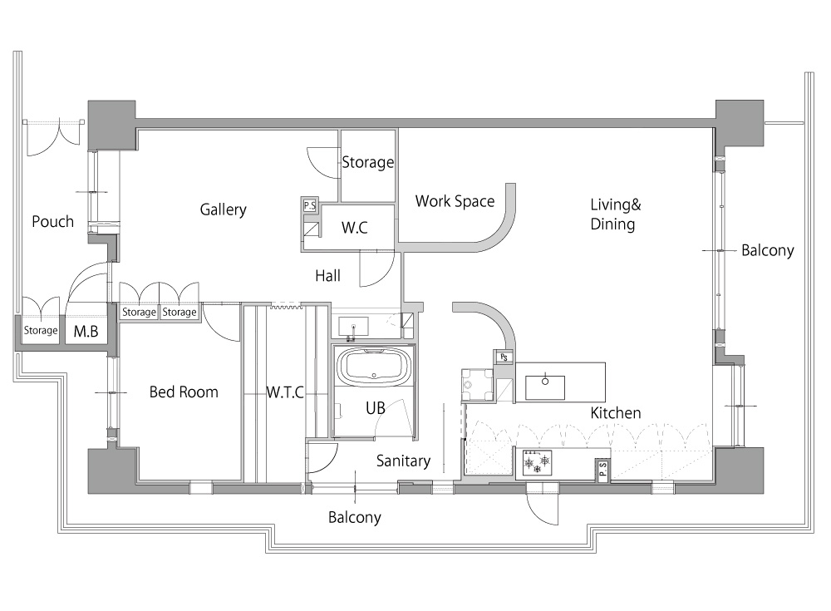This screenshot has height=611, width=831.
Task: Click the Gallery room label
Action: (223, 209)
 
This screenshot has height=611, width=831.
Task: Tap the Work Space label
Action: (455, 201)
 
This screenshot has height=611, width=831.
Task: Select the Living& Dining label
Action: (615, 214)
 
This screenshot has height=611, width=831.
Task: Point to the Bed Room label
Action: (184, 392)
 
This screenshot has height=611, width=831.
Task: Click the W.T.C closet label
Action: (285, 392)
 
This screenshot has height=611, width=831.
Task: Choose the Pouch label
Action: (52, 222)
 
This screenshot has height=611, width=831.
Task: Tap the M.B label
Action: (86, 332)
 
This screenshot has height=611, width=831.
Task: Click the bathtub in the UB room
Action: (375, 367)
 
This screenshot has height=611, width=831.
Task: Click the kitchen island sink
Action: (545, 387)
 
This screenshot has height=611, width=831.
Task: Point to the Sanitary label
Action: (403, 461)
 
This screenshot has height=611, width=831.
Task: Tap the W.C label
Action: (355, 228)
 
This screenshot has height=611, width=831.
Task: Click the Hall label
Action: (327, 276)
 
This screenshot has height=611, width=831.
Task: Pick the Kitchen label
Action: (615, 412)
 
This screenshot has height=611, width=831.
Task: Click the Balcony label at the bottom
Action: (355, 518)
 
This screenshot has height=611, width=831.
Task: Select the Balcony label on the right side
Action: (767, 250)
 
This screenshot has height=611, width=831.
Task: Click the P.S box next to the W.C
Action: (310, 205)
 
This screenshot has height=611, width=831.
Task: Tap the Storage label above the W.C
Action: (368, 162)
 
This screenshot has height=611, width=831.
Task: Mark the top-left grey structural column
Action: (112, 125)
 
